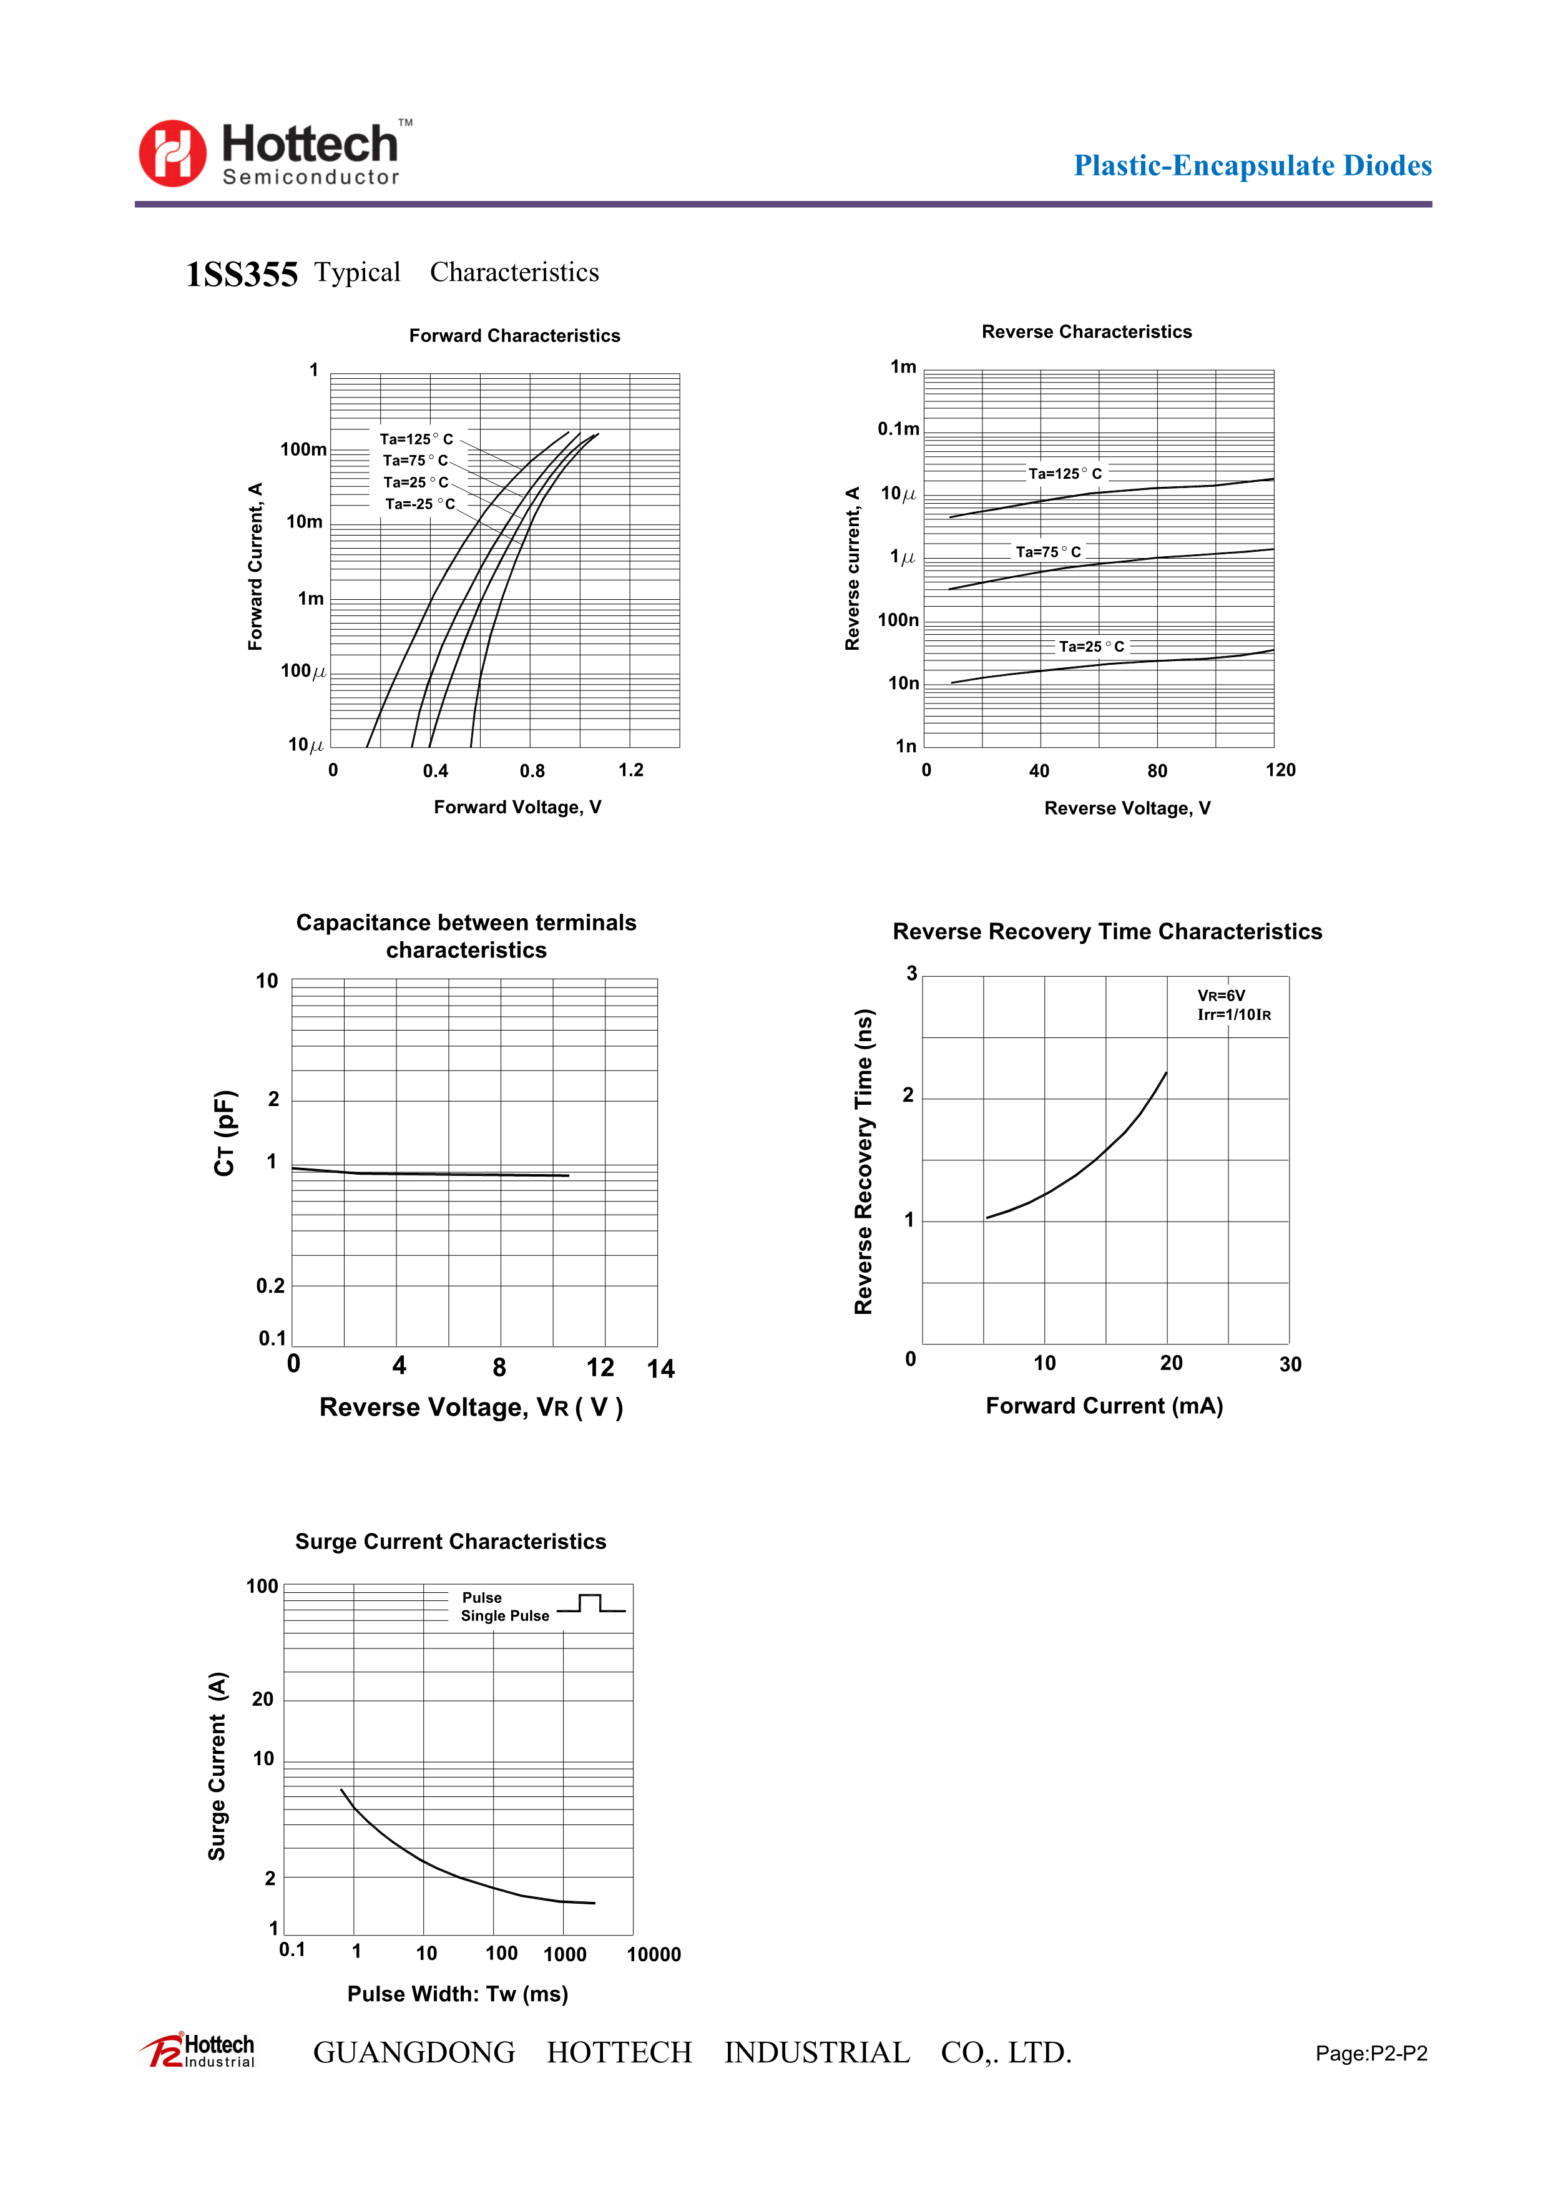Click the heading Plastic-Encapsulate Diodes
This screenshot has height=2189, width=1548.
click(1252, 166)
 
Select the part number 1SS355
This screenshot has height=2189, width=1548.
click(241, 275)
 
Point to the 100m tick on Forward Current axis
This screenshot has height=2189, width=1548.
click(303, 449)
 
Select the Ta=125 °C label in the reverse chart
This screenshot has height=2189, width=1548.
click(1065, 474)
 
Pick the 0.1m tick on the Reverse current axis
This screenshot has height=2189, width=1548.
click(898, 429)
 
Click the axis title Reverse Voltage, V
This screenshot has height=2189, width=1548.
click(1127, 808)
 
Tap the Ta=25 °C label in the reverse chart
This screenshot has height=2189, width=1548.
click(1092, 647)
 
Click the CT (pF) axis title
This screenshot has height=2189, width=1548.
click(224, 1133)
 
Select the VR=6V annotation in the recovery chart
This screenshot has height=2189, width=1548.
click(1221, 996)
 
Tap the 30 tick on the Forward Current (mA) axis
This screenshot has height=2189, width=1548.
click(1290, 1364)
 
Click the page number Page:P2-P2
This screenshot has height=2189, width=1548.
click(1371, 2054)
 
